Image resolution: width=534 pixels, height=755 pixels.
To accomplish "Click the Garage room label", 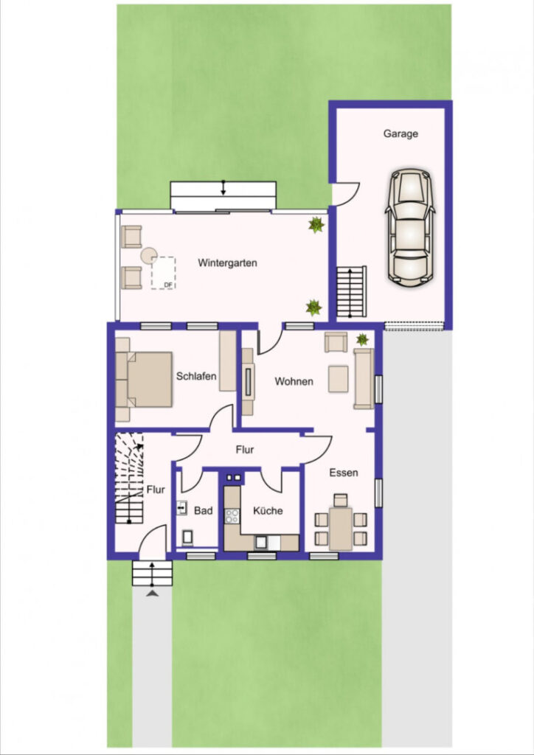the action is [400, 134].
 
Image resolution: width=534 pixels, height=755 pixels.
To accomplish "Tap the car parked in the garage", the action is [410, 226].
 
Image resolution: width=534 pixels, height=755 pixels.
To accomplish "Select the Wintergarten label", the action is [227, 263].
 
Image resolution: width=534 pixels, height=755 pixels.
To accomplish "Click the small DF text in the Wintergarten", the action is [168, 285].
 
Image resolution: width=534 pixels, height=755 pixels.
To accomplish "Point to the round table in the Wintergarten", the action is [149, 255].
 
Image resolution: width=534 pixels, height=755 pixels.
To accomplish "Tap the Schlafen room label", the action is [196, 377].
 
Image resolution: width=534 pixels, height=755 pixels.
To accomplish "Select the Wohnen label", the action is [294, 381].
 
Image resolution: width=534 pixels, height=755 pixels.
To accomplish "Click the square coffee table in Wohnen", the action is [338, 379].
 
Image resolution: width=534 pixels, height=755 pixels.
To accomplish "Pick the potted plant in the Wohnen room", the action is [362, 339].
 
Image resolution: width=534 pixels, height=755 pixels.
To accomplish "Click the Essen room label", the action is [343, 473].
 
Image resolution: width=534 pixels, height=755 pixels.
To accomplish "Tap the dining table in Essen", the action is [341, 529].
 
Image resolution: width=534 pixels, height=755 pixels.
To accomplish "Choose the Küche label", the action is [268, 511].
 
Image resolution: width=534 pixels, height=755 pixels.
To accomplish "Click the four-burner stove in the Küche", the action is [232, 516].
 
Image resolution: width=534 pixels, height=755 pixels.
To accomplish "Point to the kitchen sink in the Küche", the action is [261, 542].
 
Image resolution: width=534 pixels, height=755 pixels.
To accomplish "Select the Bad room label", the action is [203, 511].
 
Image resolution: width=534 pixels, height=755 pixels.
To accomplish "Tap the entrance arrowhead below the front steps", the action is [153, 594].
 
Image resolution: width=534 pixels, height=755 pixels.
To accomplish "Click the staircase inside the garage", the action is [351, 292].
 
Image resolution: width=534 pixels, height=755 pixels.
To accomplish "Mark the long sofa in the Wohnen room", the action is [364, 379].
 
